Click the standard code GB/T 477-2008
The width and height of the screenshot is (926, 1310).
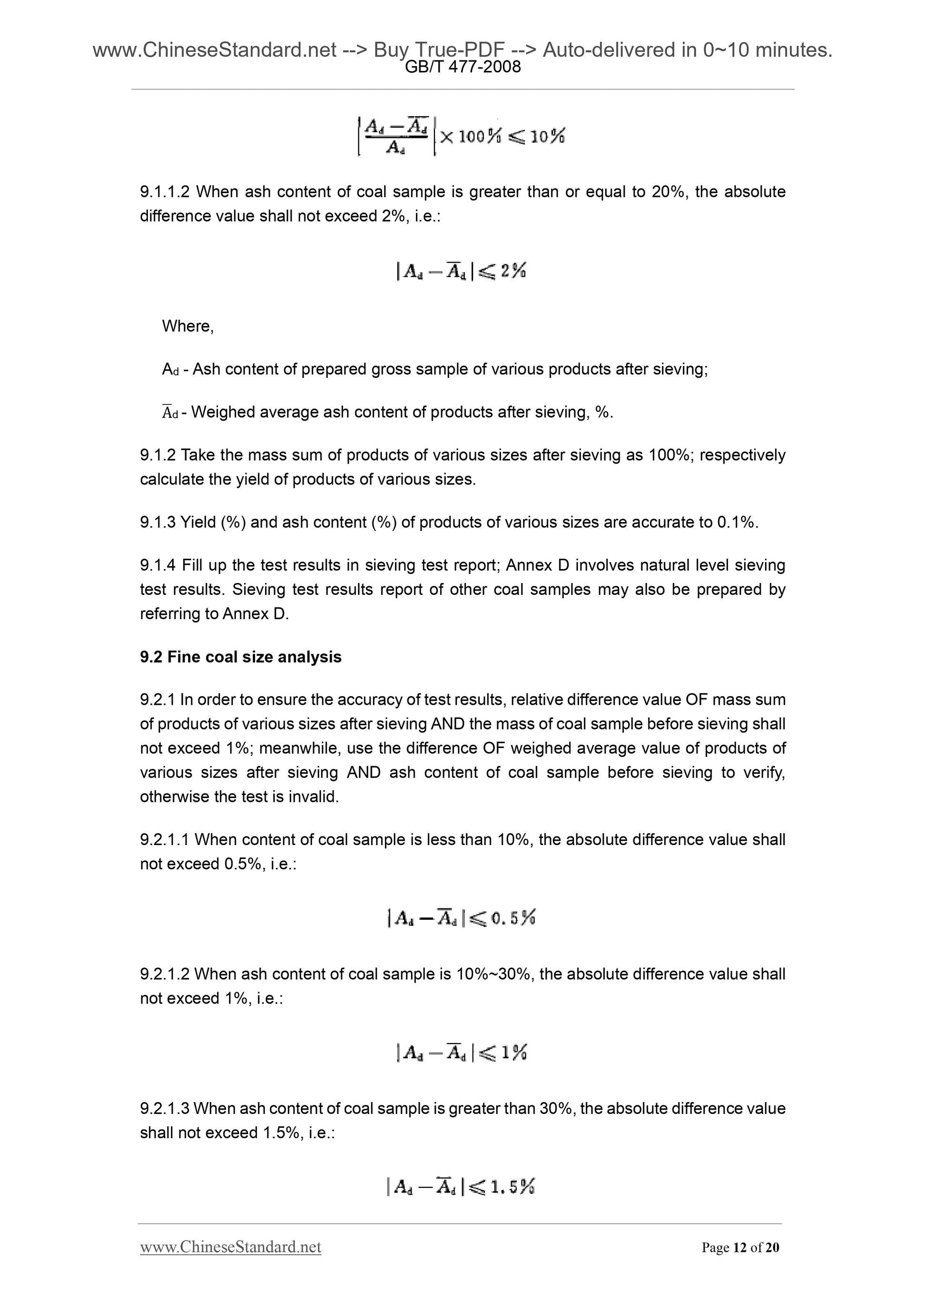462,67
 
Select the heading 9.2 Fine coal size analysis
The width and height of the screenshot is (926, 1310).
240,657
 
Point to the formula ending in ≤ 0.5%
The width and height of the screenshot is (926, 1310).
461,918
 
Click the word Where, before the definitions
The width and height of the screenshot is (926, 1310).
187,326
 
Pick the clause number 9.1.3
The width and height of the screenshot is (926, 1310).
158,522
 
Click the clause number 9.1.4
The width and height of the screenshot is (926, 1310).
158,565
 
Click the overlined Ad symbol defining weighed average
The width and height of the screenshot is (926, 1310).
170,413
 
